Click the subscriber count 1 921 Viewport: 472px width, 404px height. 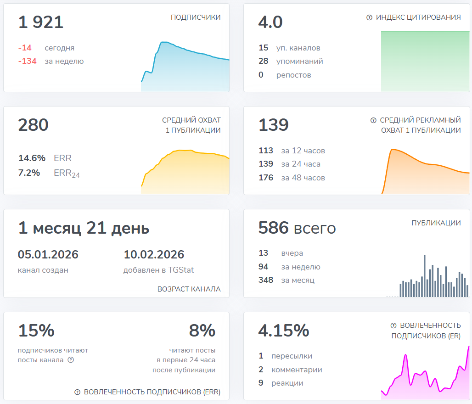[41, 22]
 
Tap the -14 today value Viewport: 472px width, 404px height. [25, 48]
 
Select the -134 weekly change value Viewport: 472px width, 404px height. [27, 61]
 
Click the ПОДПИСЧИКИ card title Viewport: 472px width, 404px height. [196, 17]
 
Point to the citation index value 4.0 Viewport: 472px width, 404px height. [270, 22]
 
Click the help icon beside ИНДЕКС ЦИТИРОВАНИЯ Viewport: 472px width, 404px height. [369, 17]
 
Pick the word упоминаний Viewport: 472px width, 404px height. [299, 61]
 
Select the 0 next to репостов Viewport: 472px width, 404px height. [261, 75]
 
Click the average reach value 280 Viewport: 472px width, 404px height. [33, 125]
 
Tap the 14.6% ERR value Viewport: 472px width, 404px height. [32, 158]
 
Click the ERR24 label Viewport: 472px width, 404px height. [67, 173]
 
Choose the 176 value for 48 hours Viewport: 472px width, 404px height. [266, 178]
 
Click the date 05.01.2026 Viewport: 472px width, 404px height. [48, 254]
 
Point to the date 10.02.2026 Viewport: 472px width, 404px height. [154, 254]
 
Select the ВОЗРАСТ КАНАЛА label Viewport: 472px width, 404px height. [189, 289]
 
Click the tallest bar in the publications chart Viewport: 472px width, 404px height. [424, 275]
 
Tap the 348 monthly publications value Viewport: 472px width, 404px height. [266, 280]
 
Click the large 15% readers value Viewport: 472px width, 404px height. [36, 331]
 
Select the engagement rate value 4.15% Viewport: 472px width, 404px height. [284, 331]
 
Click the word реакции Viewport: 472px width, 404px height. [287, 383]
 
